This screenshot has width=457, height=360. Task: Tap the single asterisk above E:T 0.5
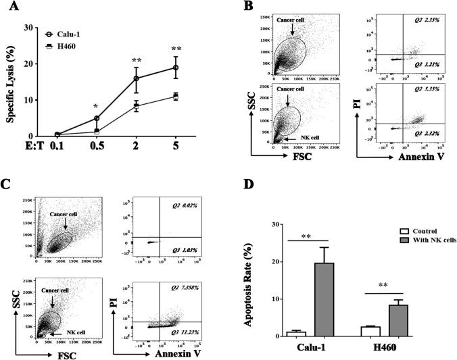click(x=96, y=107)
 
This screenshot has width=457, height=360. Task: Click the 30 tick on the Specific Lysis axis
click(x=29, y=28)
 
